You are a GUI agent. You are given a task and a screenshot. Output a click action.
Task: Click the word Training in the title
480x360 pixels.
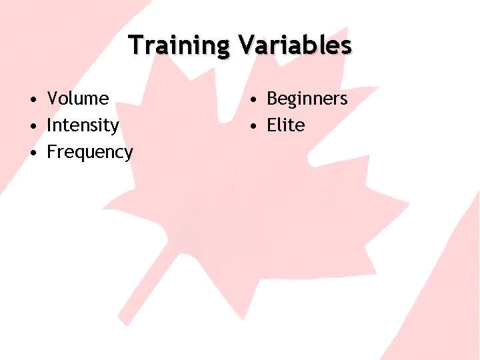click(179, 45)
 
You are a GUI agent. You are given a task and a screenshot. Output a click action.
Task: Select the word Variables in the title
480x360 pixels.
click(295, 45)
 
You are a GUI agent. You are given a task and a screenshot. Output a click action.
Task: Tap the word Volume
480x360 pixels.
click(77, 99)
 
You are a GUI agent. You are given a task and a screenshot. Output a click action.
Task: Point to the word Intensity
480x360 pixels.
click(83, 125)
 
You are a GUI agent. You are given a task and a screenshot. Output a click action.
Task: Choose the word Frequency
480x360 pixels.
click(90, 152)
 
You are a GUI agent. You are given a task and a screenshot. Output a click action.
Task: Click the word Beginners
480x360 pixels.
click(307, 99)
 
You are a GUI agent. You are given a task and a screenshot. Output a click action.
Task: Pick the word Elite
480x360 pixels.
click(285, 125)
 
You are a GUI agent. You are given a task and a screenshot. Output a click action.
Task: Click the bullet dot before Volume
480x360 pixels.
click(33, 100)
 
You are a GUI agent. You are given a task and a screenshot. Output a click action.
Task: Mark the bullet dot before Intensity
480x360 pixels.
click(33, 127)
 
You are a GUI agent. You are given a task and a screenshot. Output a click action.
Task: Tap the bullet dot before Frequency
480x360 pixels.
click(33, 153)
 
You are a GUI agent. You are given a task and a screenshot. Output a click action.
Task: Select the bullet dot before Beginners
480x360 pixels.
click(253, 100)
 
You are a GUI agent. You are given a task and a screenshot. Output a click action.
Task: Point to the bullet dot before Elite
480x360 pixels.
click(253, 127)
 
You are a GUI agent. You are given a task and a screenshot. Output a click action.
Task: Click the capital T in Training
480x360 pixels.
click(135, 45)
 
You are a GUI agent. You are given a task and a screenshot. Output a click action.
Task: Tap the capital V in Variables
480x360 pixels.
click(247, 45)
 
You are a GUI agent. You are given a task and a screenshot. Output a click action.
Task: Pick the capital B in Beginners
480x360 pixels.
click(272, 99)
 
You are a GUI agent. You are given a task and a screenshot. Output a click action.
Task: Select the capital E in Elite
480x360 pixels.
click(271, 125)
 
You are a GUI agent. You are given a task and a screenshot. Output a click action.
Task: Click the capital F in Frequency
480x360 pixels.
click(51, 152)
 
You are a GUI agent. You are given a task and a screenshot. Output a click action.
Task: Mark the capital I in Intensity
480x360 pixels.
click(49, 125)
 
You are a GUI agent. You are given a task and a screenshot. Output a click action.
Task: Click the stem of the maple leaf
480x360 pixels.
click(143, 287)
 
